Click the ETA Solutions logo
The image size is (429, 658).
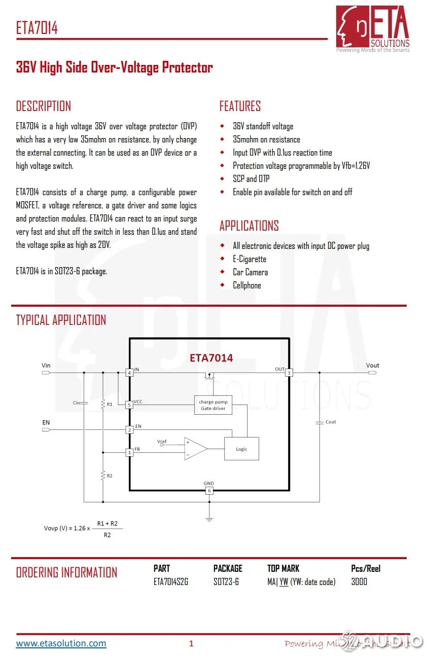tap(373, 28)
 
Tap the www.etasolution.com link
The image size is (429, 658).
tap(61, 643)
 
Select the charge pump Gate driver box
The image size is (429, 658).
tap(213, 405)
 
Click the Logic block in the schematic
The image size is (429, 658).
tap(241, 449)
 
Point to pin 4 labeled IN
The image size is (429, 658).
tap(129, 373)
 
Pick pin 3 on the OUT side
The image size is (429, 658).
tap(289, 373)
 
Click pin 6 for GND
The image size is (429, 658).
tap(209, 491)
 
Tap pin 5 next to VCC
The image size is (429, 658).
tap(129, 405)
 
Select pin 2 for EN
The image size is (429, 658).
tap(129, 429)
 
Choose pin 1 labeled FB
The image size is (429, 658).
tap(129, 452)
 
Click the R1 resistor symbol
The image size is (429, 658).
tap(103, 404)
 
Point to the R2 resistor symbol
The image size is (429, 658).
tap(103, 476)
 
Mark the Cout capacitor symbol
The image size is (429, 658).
tap(319, 422)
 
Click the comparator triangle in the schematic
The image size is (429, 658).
tap(195, 448)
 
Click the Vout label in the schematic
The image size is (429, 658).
tap(372, 365)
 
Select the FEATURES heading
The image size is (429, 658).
tap(240, 106)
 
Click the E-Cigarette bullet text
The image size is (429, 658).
tap(249, 259)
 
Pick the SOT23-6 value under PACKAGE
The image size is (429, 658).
tap(226, 581)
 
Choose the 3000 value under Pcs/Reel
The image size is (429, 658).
tap(359, 581)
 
